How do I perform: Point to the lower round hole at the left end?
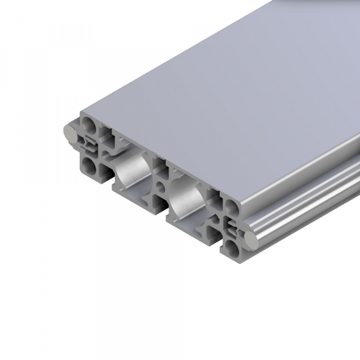pos(89,164)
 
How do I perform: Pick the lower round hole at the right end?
pos(233,247)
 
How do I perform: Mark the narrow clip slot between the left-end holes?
pos(90,145)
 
